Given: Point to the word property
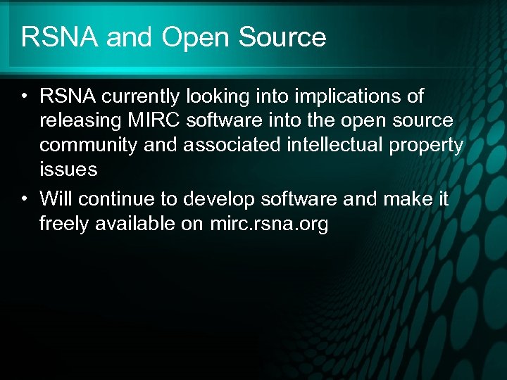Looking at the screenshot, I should (x=427, y=146).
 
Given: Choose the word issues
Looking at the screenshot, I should (x=68, y=169).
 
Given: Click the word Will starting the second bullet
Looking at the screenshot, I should (x=56, y=199).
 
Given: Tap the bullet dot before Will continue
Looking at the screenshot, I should (x=25, y=200).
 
